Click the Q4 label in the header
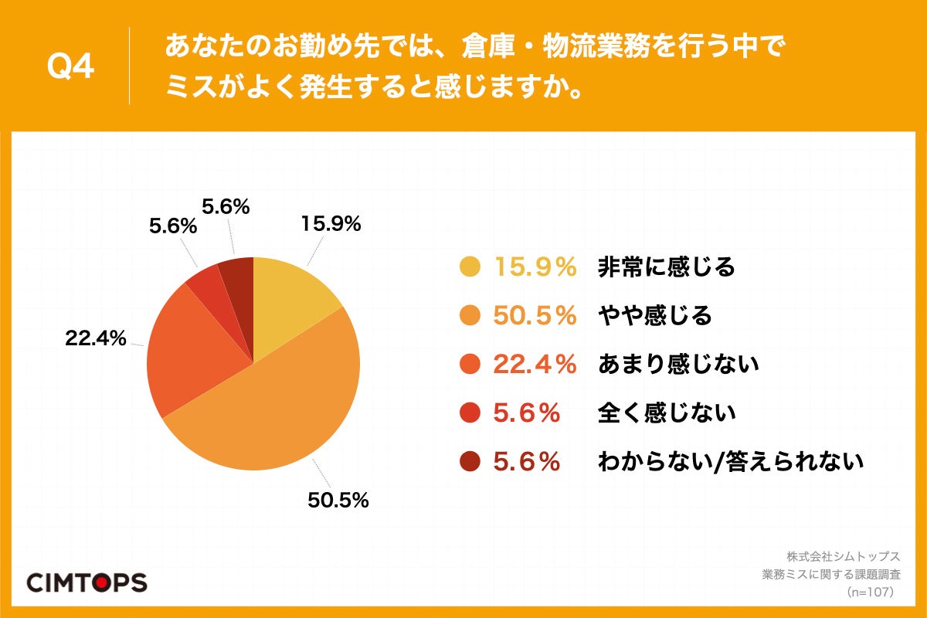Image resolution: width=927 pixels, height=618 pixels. click(71, 68)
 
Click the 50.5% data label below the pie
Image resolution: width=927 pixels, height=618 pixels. click(338, 501)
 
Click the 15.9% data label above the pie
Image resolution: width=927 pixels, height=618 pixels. click(331, 224)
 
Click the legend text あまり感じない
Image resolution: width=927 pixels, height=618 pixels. click(678, 365)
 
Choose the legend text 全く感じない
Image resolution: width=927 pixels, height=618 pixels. click(667, 413)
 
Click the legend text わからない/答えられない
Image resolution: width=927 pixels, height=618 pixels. click(730, 462)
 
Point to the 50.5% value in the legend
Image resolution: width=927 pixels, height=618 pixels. click(535, 316)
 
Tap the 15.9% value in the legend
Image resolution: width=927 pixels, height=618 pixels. click(535, 267)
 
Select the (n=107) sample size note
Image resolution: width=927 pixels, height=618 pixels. click(870, 592)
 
